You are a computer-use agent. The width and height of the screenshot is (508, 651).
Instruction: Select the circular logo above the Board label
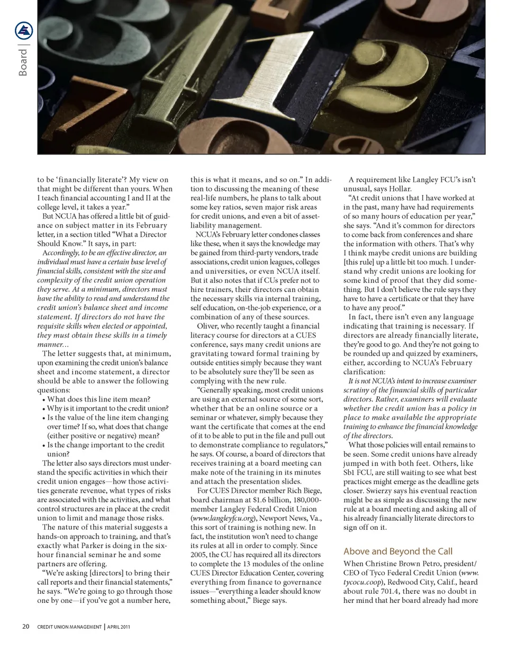click(x=24, y=31)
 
